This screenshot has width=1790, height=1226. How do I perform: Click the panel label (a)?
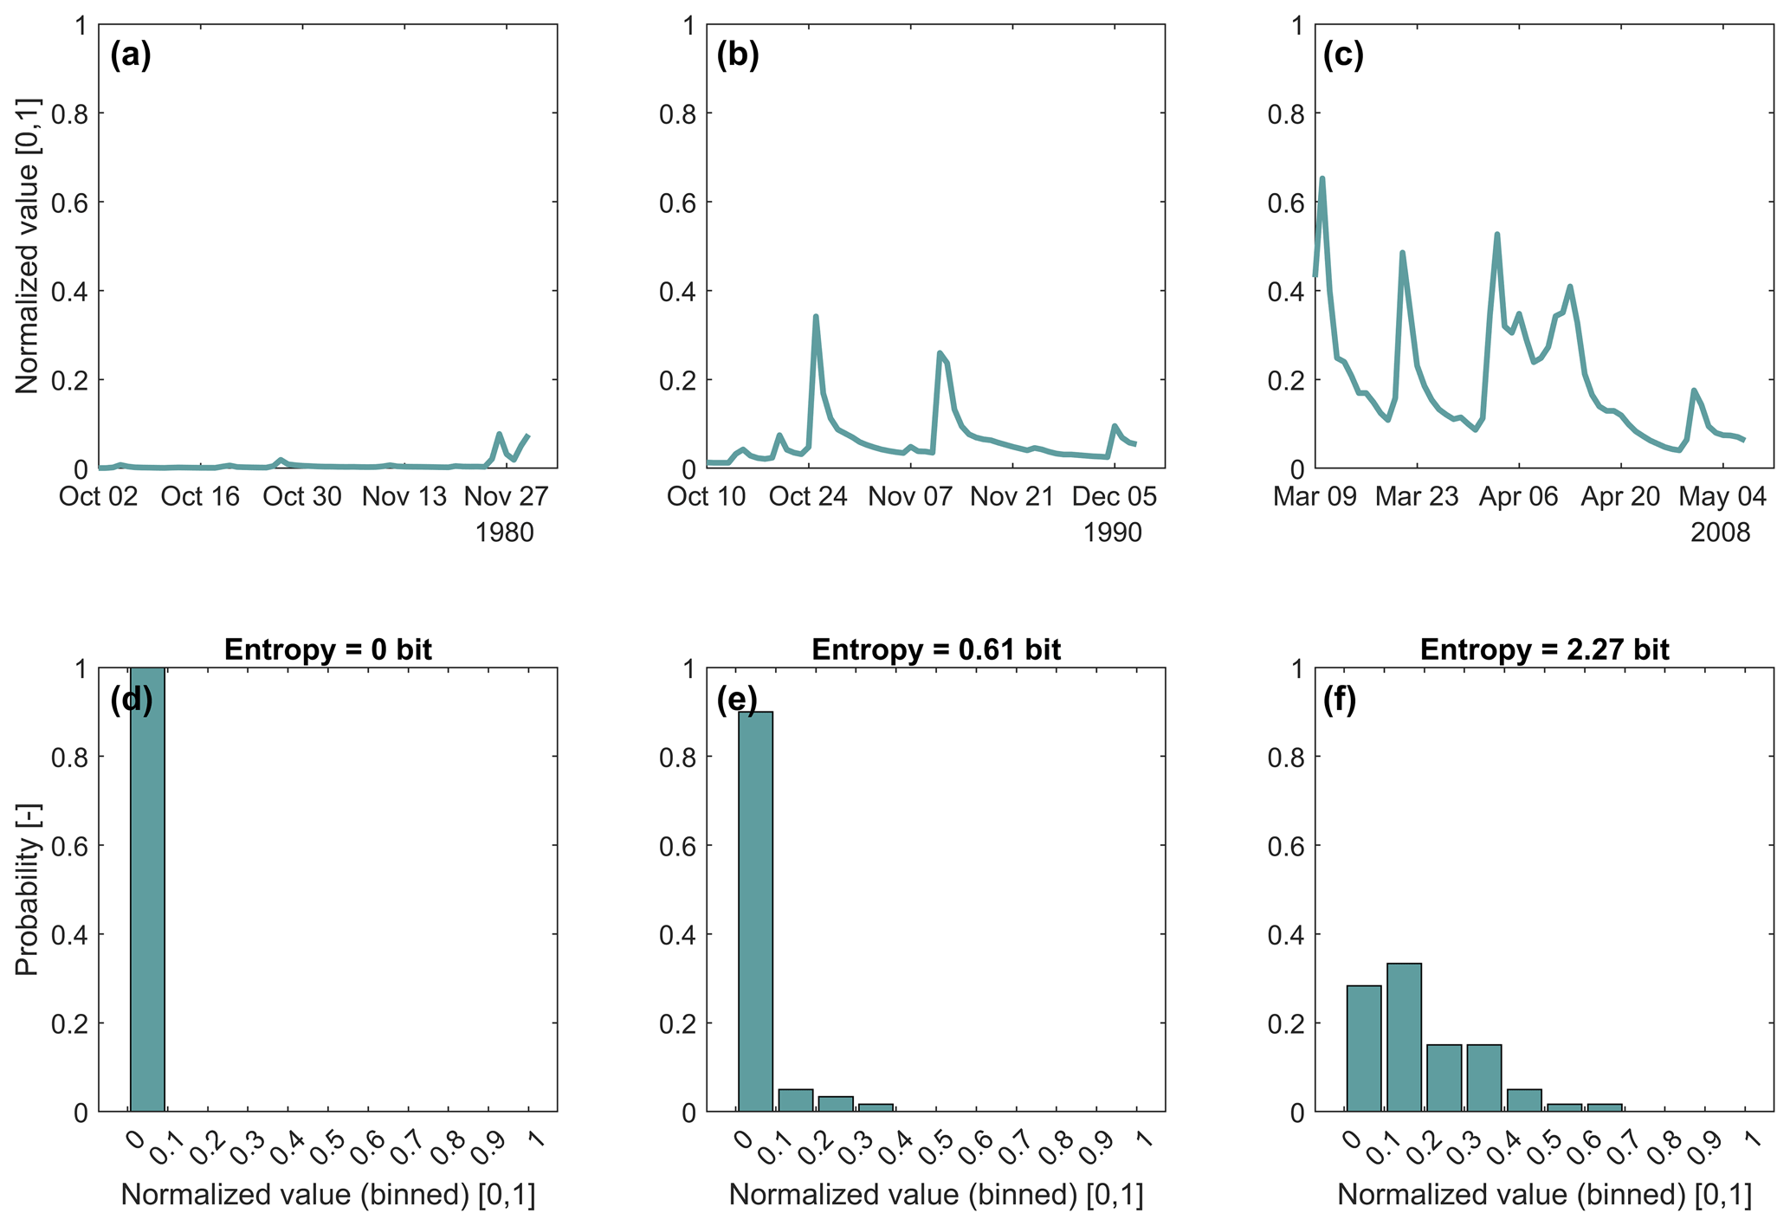(x=131, y=55)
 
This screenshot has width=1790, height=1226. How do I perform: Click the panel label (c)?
(x=1343, y=55)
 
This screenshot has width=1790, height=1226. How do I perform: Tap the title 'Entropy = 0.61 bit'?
(x=936, y=649)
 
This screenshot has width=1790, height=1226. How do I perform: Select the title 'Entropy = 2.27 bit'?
(x=1544, y=649)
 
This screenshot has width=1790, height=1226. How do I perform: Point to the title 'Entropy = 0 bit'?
(x=328, y=649)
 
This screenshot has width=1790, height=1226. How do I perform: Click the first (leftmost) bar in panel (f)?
(x=1363, y=1049)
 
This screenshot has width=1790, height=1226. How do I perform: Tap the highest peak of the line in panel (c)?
(x=1322, y=178)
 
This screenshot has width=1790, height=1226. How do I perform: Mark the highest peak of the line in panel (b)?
(x=816, y=317)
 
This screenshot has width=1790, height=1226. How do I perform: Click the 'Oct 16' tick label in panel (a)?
(x=200, y=497)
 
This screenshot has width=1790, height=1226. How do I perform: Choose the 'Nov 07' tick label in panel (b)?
(x=910, y=497)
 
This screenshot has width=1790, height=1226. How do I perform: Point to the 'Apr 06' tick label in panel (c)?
(x=1518, y=497)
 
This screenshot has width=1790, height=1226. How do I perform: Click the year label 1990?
(x=1113, y=532)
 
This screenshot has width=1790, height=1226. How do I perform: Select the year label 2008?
(x=1721, y=532)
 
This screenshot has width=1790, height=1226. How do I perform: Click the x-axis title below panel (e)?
(x=936, y=1196)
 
